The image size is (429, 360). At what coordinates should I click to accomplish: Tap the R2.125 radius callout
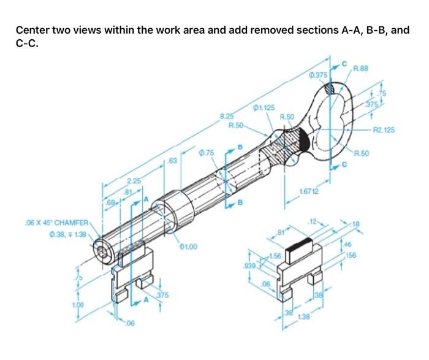pyautogui.click(x=384, y=130)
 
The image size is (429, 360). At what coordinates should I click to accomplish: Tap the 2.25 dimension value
pyautogui.click(x=134, y=181)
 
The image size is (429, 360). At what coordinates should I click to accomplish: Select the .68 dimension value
pyautogui.click(x=111, y=202)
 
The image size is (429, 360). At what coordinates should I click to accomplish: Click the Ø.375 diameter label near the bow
pyautogui.click(x=319, y=76)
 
